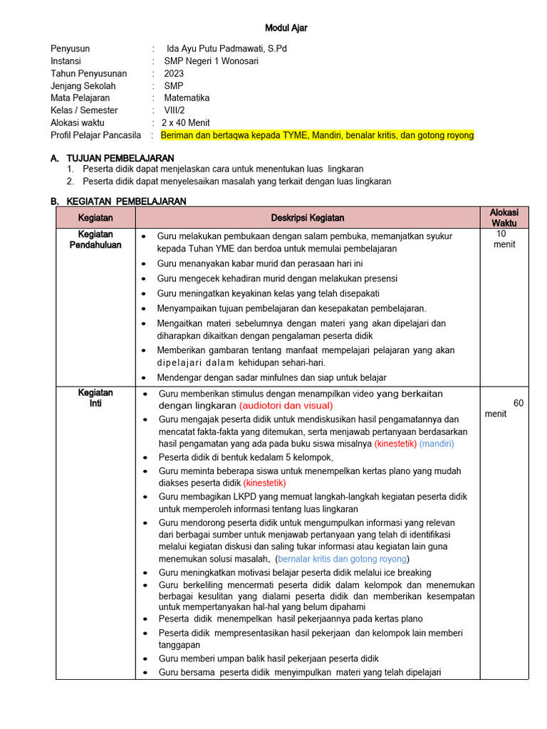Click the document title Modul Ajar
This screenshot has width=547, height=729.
(286, 28)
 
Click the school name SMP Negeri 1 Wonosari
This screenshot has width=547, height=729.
(211, 61)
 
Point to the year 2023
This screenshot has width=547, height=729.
(174, 73)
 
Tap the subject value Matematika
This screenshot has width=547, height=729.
(187, 98)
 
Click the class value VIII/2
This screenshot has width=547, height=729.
(176, 110)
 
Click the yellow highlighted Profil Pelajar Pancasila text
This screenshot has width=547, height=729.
(317, 135)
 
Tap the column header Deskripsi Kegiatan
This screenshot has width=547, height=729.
(308, 217)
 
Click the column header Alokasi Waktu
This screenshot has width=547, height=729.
(504, 217)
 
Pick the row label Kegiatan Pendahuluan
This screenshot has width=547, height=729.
(95, 239)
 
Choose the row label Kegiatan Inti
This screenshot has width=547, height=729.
(95, 398)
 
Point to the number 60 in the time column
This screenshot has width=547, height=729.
(518, 403)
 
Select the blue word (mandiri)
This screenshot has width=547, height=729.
(436, 444)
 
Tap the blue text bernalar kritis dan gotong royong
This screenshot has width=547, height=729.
(343, 559)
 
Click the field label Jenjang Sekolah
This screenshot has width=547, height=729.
(83, 85)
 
